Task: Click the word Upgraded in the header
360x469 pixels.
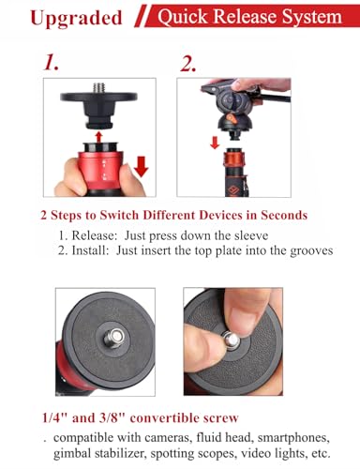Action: (x=63, y=18)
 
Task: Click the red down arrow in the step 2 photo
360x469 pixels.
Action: (x=215, y=144)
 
